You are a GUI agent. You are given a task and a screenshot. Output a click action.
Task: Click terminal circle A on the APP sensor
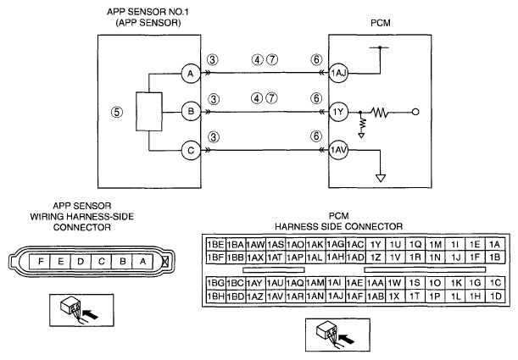pyautogui.click(x=191, y=74)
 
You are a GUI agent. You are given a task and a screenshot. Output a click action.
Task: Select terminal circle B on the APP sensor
pyautogui.click(x=191, y=112)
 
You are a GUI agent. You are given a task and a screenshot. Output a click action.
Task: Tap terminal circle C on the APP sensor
pyautogui.click(x=191, y=151)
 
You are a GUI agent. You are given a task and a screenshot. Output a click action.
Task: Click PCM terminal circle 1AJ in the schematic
pyautogui.click(x=338, y=73)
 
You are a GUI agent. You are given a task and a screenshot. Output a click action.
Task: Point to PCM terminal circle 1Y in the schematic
pyautogui.click(x=338, y=112)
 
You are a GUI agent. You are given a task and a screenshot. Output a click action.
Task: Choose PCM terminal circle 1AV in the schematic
pyautogui.click(x=338, y=151)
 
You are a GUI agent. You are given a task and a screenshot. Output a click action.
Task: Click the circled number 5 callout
pyautogui.click(x=117, y=112)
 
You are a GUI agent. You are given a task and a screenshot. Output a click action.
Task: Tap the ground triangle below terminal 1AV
pyautogui.click(x=381, y=178)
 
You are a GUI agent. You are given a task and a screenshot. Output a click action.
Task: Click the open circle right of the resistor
pyautogui.click(x=415, y=112)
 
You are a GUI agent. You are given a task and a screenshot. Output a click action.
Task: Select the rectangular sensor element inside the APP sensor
pyautogui.click(x=149, y=112)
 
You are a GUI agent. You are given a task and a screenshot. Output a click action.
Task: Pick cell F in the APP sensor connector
pyautogui.click(x=40, y=262)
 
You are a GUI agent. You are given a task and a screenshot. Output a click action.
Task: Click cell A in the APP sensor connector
pyautogui.click(x=142, y=262)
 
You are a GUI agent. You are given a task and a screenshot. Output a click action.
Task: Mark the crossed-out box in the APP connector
pyautogui.click(x=165, y=262)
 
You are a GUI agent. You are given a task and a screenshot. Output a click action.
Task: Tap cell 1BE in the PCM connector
pyautogui.click(x=215, y=245)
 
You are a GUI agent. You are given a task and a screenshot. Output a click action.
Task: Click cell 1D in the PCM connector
pyautogui.click(x=495, y=296)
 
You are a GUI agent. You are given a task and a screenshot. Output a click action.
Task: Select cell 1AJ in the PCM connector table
pyautogui.click(x=336, y=296)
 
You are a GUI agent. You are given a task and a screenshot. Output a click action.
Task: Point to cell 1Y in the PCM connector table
pyautogui.click(x=376, y=245)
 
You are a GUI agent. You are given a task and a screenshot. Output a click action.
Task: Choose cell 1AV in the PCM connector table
pyautogui.click(x=276, y=296)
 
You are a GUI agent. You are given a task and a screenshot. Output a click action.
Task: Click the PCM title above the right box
pyautogui.click(x=381, y=23)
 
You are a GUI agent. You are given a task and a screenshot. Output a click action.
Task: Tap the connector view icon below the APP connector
pyautogui.click(x=81, y=310)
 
